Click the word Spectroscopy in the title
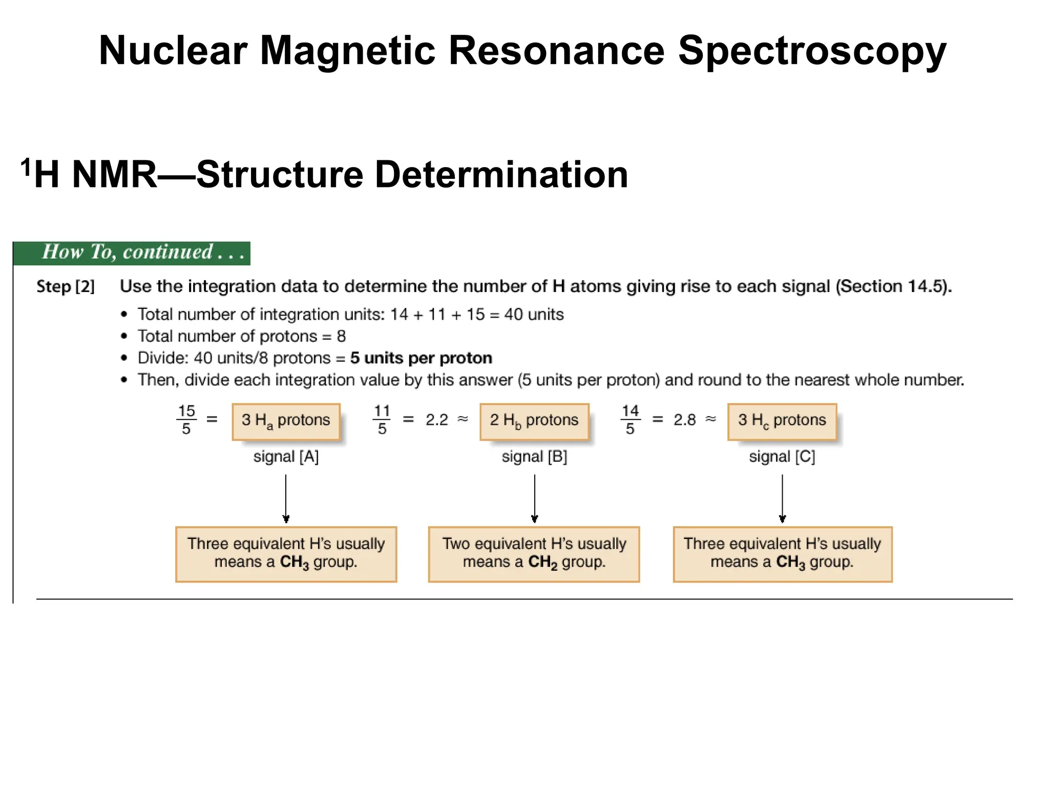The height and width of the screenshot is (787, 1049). [812, 51]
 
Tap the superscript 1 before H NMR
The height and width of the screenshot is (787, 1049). [26, 167]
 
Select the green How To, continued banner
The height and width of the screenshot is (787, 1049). [132, 253]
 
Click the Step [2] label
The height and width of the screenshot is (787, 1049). [66, 286]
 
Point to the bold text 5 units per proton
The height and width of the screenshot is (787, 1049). [421, 358]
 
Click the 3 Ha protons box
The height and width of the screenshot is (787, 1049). [286, 421]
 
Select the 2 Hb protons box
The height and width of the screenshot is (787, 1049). [534, 421]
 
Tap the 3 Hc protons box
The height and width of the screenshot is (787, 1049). [782, 421]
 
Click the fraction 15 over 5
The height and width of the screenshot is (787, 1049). [186, 420]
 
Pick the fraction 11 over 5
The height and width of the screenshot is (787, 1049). [382, 420]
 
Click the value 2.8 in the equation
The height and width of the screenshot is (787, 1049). [684, 420]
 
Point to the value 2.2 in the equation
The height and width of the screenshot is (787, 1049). [436, 420]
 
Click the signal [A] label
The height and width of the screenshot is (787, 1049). [286, 457]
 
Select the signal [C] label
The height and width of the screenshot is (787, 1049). [782, 457]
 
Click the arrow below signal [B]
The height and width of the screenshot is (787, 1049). [534, 498]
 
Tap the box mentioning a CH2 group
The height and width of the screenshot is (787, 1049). [534, 554]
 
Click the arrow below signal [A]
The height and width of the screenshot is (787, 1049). [286, 498]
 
